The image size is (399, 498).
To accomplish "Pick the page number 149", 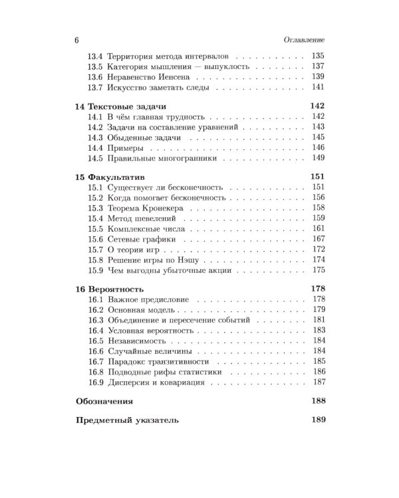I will click(317, 159).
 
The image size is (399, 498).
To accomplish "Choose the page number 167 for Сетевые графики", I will click(317, 238).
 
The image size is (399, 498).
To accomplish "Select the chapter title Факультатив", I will click(120, 177).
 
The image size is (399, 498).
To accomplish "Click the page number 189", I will click(315, 420).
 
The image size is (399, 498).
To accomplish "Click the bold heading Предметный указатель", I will click(127, 420).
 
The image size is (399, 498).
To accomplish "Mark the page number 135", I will click(317, 57).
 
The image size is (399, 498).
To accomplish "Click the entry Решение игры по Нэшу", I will click(153, 259).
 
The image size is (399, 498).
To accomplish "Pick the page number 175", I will click(317, 270).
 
